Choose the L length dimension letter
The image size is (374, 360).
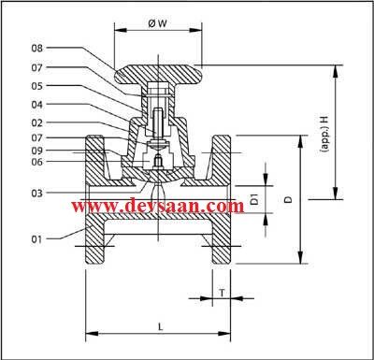[160, 326]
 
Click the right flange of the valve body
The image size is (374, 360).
[222, 201]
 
